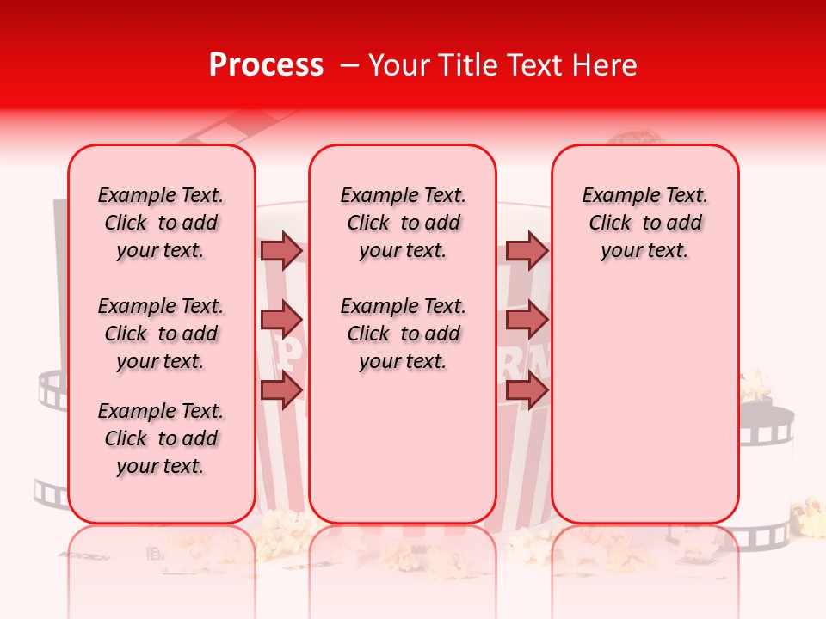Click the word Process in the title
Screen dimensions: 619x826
coord(266,65)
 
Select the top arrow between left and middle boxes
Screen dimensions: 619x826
coord(281,250)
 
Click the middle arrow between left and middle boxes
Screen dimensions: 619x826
coord(281,320)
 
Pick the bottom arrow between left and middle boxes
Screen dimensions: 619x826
coord(281,389)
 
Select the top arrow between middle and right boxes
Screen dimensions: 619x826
coord(527,250)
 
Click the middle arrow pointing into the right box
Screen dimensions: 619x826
coord(527,320)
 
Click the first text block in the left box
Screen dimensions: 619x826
coord(161,223)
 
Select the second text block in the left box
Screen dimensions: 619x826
coord(161,334)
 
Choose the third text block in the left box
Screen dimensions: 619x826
coord(161,438)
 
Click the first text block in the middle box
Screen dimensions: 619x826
coord(403,223)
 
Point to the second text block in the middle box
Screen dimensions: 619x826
coord(403,334)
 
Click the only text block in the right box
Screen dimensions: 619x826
coord(644,223)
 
